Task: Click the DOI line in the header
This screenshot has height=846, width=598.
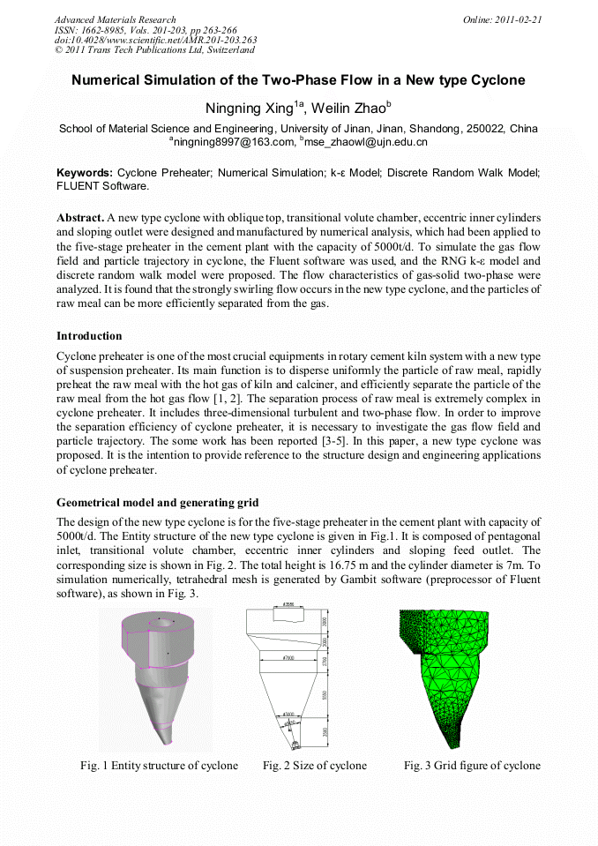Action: [155, 40]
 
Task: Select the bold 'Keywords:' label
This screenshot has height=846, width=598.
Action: [85, 173]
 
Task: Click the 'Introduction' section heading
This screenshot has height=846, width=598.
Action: [89, 336]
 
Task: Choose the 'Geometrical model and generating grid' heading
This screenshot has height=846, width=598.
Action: [157, 503]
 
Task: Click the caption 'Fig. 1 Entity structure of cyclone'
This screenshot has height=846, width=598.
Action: [159, 765]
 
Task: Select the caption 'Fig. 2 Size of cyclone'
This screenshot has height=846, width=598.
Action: [314, 765]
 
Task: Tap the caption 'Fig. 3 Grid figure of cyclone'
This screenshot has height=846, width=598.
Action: [472, 765]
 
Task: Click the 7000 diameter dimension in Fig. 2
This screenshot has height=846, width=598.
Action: [288, 658]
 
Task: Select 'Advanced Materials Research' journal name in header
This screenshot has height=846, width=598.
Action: [115, 19]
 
